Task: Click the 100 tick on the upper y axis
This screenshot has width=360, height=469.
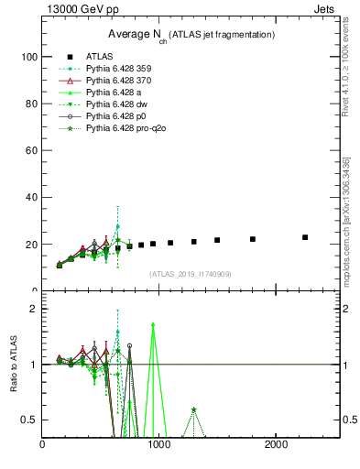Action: (29, 57)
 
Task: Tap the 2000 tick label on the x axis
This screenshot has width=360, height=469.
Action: (277, 445)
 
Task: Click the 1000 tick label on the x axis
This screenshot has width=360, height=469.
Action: (159, 445)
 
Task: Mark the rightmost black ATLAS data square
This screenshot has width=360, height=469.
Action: (305, 237)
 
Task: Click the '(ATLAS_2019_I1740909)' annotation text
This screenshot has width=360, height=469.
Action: (190, 274)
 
